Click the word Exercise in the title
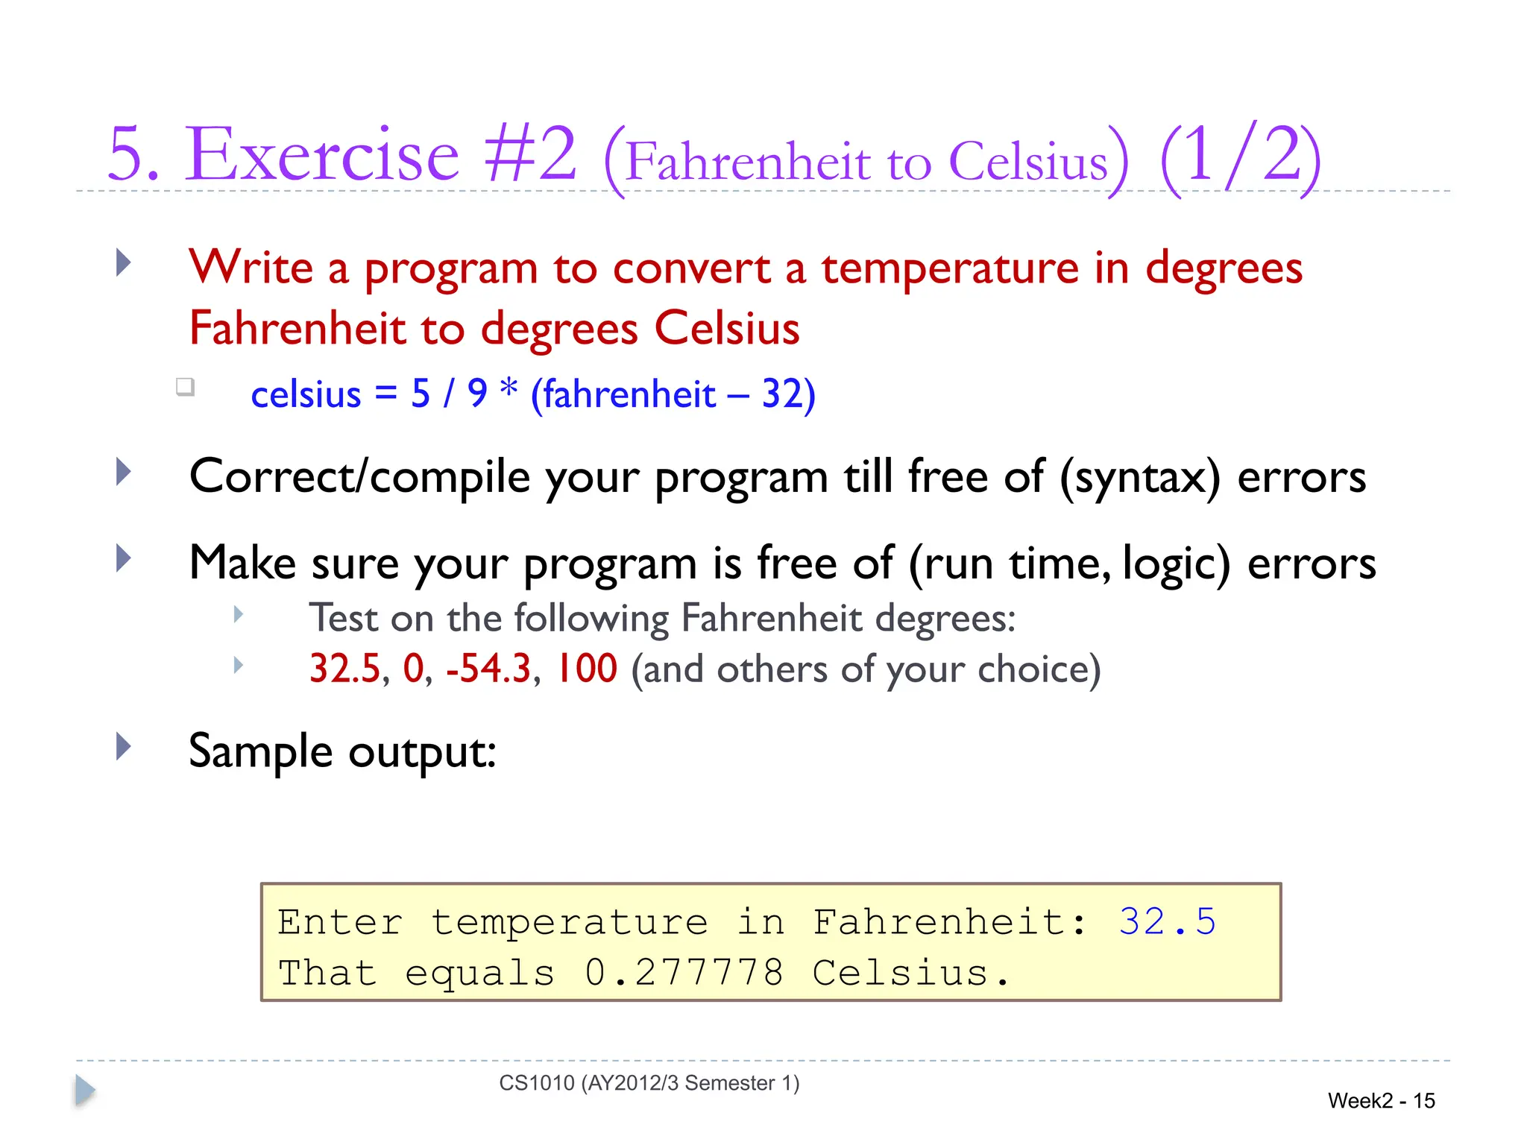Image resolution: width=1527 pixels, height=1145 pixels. point(322,154)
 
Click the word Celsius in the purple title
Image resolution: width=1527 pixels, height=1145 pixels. point(1028,160)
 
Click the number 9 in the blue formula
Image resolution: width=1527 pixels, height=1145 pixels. point(477,393)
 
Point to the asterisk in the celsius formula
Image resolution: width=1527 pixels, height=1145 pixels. point(509,389)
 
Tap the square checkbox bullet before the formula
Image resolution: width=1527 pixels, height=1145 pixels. point(185,386)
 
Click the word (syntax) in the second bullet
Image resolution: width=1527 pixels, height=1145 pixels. point(1140,477)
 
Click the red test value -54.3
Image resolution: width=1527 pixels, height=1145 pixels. point(489,668)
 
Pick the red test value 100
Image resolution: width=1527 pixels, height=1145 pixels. point(588,668)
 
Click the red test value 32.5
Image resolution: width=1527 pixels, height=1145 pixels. point(344,668)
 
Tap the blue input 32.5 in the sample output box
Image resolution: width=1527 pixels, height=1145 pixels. point(1167,922)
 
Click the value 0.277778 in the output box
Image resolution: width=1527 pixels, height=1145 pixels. point(684,973)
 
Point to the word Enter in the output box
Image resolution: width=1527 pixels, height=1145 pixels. point(340,922)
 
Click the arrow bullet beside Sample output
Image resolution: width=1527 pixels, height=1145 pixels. point(124,746)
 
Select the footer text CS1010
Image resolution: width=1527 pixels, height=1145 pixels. point(537,1083)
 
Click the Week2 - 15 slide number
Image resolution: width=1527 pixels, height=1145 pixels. point(1381,1101)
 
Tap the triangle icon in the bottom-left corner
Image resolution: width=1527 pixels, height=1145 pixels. point(85,1091)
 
